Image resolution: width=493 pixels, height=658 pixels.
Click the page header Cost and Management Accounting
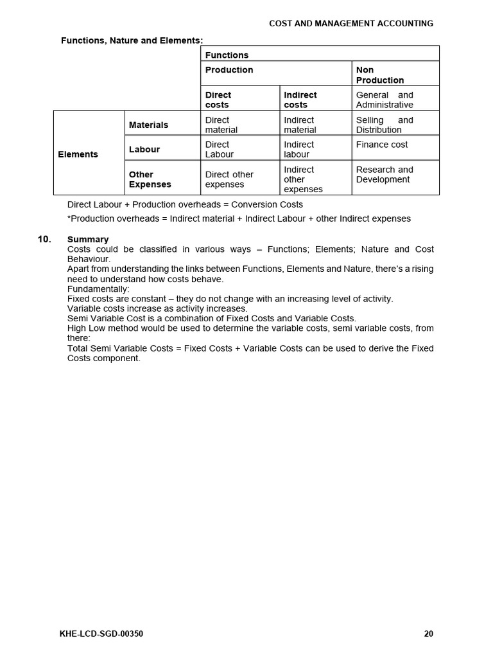pyautogui.click(x=350, y=23)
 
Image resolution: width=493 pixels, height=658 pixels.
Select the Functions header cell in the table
pyautogui.click(x=227, y=55)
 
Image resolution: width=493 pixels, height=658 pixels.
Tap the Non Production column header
pyautogui.click(x=380, y=75)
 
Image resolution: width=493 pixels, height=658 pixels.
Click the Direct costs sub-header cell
pyautogui.click(x=218, y=100)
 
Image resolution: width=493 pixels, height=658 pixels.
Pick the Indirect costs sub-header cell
pyautogui.click(x=300, y=100)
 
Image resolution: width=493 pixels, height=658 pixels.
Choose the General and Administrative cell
pyautogui.click(x=385, y=100)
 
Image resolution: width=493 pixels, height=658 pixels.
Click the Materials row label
pyautogui.click(x=148, y=125)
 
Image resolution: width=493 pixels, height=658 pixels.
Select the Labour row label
pyautogui.click(x=144, y=149)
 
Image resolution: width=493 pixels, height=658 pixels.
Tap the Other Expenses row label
pyautogui.click(x=150, y=179)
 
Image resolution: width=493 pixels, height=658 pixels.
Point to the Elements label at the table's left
pyautogui.click(x=78, y=154)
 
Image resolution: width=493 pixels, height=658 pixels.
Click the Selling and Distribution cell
pyautogui.click(x=385, y=125)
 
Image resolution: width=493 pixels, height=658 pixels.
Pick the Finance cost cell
pyautogui.click(x=382, y=145)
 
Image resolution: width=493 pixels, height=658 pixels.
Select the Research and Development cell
pyautogui.click(x=385, y=175)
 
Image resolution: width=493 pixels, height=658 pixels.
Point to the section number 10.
pyautogui.click(x=44, y=239)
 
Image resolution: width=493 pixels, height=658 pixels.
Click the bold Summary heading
pyautogui.click(x=88, y=239)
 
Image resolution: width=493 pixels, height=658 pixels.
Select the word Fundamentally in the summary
pyautogui.click(x=98, y=289)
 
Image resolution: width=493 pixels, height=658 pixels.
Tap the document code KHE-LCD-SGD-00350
pyautogui.click(x=101, y=634)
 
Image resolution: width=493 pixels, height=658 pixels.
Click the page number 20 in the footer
pyautogui.click(x=429, y=634)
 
